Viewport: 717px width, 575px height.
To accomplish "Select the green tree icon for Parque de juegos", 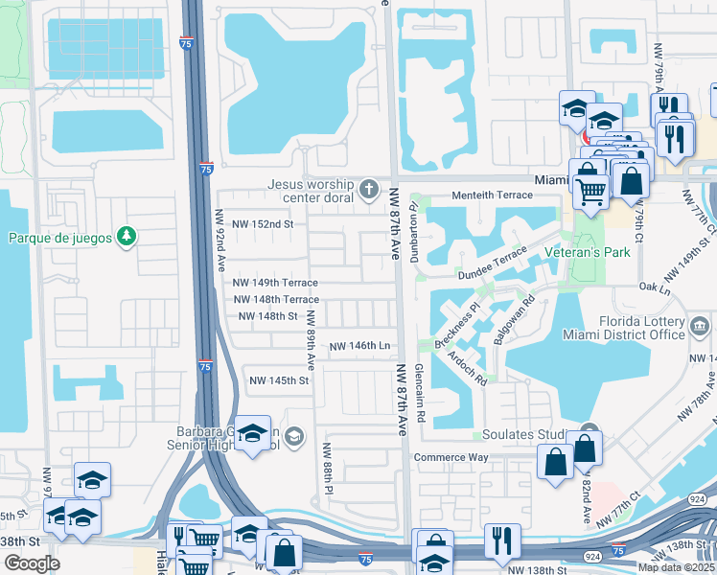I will (x=126, y=236).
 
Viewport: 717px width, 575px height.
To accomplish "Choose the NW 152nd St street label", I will (x=253, y=224).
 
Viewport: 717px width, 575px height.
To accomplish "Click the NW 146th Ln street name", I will (x=359, y=346).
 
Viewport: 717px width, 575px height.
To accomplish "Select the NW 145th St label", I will (x=279, y=380).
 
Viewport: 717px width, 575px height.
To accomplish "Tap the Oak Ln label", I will (x=654, y=287).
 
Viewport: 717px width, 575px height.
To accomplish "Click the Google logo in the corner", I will (x=32, y=563).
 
